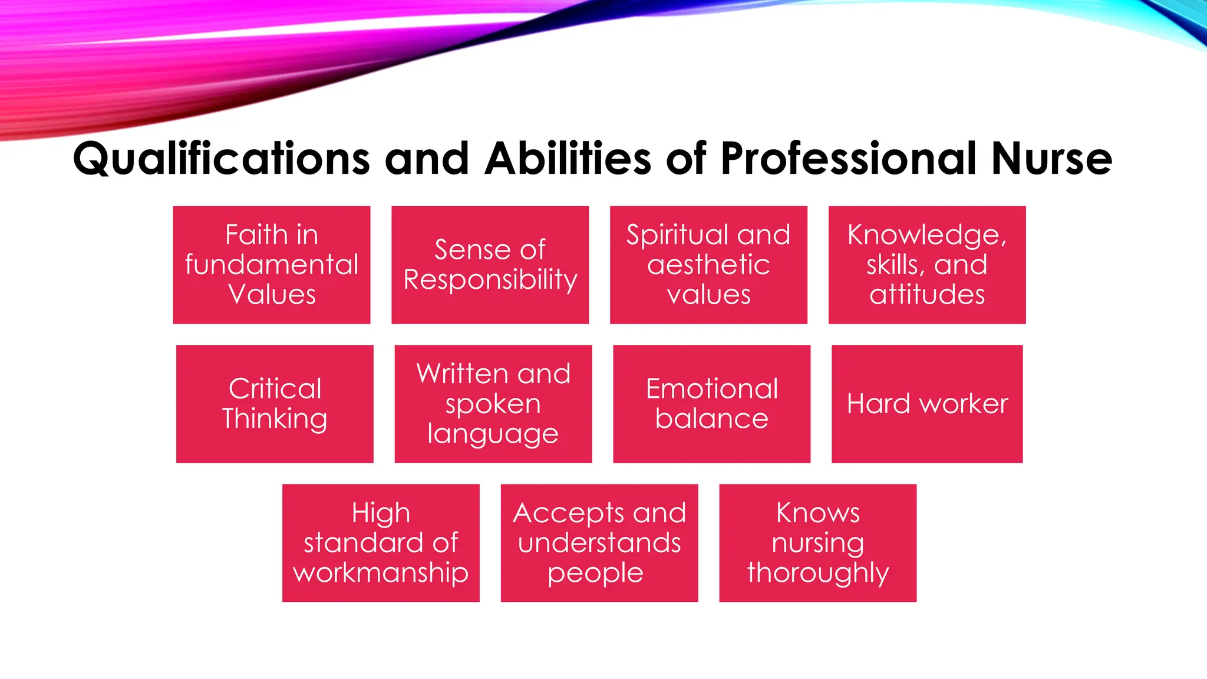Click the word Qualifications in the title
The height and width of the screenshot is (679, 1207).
[221, 159]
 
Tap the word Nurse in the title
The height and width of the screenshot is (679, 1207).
[1051, 159]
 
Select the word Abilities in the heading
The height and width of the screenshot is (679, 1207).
[568, 159]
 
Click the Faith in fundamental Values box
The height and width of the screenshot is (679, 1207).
[272, 265]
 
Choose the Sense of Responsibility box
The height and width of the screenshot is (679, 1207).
[490, 265]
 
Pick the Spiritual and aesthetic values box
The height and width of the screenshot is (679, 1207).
[708, 265]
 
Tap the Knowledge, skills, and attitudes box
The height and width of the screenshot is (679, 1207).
[927, 265]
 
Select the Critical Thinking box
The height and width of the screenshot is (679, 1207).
[275, 404]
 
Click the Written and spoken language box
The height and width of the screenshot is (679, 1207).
[493, 404]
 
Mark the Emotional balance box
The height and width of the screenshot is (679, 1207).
[711, 404]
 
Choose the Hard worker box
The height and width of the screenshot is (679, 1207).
[927, 404]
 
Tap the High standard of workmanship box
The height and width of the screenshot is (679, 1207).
[381, 543]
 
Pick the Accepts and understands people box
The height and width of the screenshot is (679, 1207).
[599, 543]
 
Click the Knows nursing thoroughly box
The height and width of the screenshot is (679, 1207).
[818, 543]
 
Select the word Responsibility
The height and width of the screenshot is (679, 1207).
[490, 280]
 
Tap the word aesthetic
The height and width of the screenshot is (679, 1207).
[708, 265]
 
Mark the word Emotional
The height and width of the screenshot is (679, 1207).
[711, 389]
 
